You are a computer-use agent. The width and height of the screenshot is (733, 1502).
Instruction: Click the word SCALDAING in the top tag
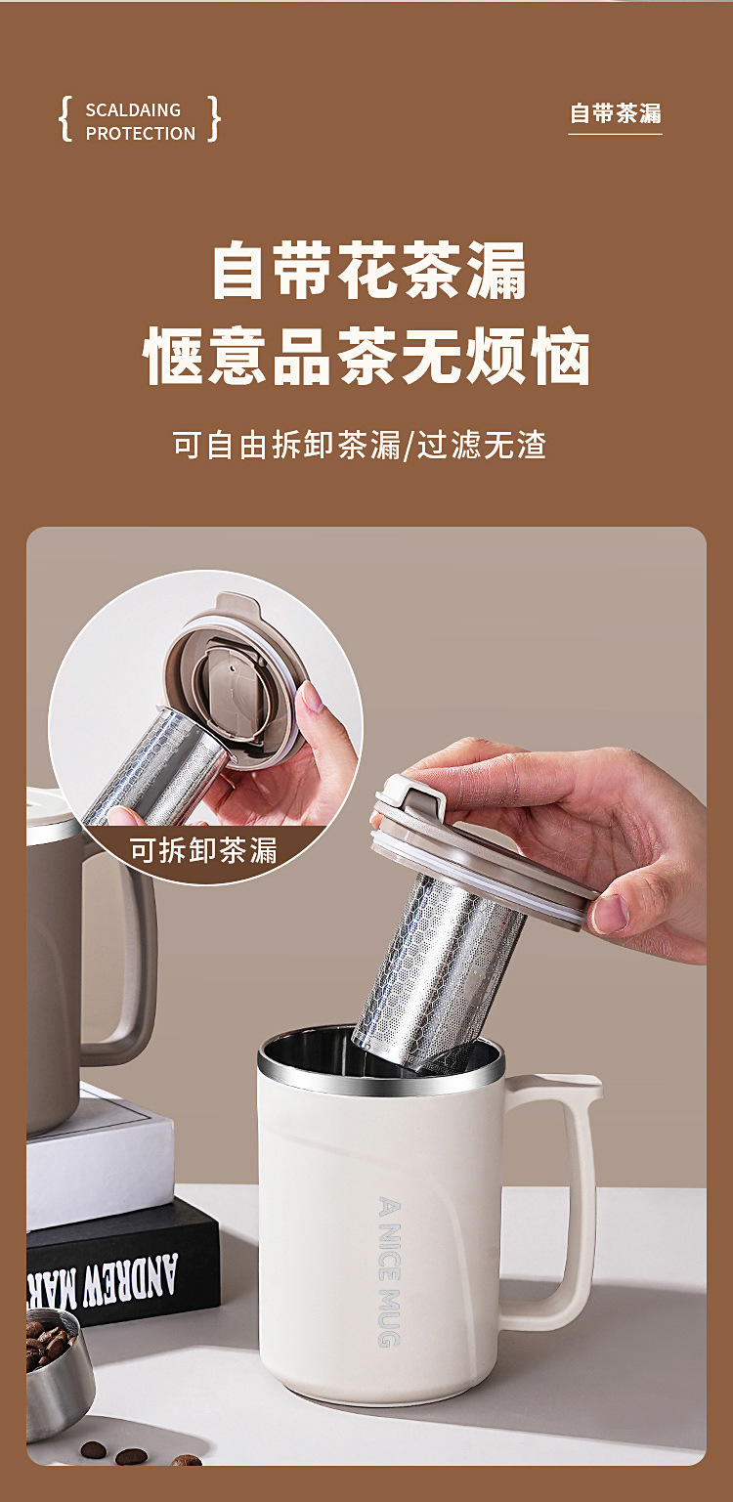coord(133,110)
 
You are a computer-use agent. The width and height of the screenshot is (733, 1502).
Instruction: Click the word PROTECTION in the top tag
coord(140,134)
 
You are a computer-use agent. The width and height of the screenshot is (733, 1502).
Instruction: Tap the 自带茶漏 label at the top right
coord(615,113)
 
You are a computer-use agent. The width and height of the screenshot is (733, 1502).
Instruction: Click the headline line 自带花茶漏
coord(368,271)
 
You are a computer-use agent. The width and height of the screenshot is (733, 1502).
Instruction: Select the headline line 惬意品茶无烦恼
coord(366,356)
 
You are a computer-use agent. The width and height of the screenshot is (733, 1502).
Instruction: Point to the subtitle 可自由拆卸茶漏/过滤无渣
coord(360,445)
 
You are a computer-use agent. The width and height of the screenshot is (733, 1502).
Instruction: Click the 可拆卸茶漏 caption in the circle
coord(203,850)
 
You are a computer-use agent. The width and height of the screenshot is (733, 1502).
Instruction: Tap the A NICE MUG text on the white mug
coord(389,1271)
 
